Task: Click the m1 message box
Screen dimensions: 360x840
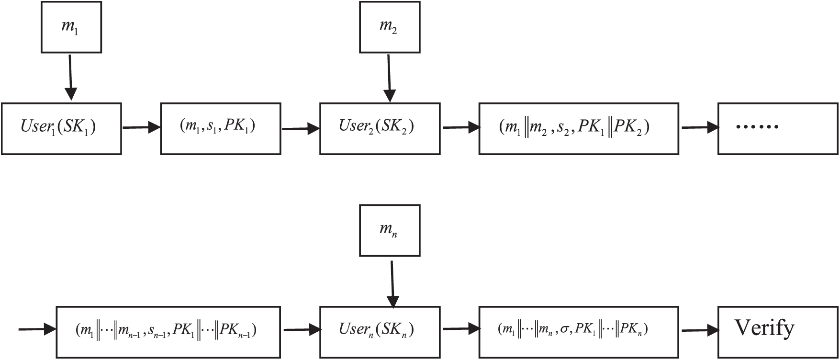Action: pos(71,27)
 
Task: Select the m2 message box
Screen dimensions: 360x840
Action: pos(390,27)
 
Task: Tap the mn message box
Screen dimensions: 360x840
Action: pos(390,230)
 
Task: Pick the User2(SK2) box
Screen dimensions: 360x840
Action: pos(380,128)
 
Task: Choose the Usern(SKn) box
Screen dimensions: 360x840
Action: pos(380,330)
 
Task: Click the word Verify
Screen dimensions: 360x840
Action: pos(764,328)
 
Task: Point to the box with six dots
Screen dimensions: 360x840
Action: pos(777,128)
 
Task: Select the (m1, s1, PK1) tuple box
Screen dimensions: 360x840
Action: pos(220,128)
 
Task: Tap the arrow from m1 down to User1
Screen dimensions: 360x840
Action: pos(70,77)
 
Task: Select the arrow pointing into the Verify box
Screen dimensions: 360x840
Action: pos(700,330)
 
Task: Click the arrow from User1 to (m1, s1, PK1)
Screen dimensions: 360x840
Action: pos(141,128)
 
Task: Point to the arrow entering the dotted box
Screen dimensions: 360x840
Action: pos(700,128)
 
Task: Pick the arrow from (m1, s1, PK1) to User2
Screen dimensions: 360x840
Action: pos(301,128)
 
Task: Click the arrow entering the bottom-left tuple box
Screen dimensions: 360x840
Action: pos(37,329)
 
